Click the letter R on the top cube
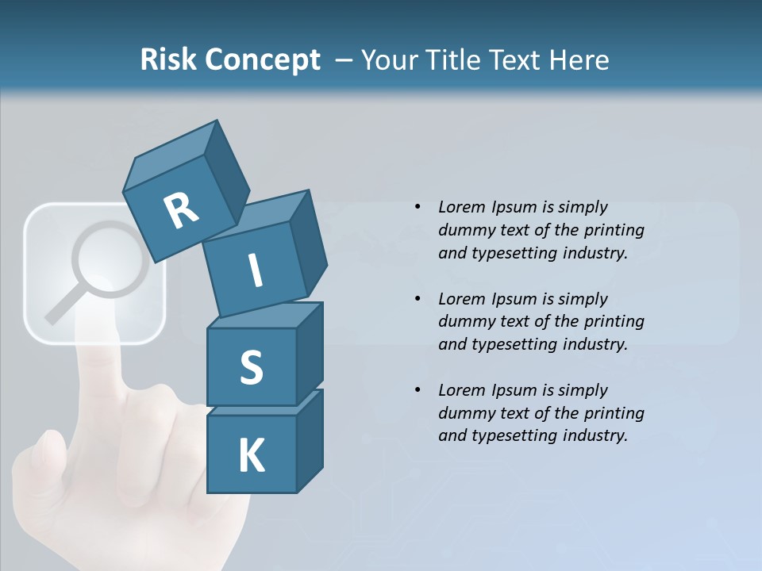pyautogui.click(x=181, y=210)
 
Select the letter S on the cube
pyautogui.click(x=252, y=367)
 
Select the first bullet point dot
pyautogui.click(x=418, y=208)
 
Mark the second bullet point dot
pyautogui.click(x=418, y=299)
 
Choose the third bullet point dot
pyautogui.click(x=418, y=390)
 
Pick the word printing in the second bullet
pyautogui.click(x=615, y=321)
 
